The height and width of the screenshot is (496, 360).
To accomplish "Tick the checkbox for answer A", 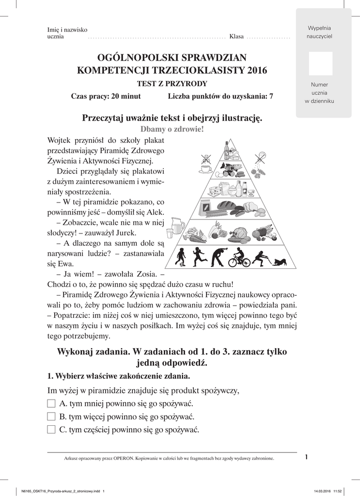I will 51,403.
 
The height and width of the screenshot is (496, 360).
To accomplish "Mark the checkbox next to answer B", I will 51,417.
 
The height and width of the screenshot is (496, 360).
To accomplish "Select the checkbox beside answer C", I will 51,430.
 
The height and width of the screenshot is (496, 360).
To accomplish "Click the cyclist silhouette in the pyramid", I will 239,258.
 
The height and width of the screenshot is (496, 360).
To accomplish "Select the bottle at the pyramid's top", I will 226,150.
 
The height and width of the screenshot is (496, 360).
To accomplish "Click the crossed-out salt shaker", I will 261,159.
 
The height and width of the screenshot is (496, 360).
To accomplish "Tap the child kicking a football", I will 180,257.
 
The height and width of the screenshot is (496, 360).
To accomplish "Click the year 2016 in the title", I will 257,70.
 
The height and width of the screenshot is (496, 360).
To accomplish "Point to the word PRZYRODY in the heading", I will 187,84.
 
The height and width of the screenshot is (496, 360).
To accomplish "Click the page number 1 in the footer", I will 307,457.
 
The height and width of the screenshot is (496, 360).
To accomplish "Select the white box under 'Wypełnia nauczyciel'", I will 320,63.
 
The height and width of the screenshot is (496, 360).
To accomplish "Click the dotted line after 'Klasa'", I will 268,37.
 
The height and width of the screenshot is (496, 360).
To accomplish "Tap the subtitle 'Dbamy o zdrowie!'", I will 172,129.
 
